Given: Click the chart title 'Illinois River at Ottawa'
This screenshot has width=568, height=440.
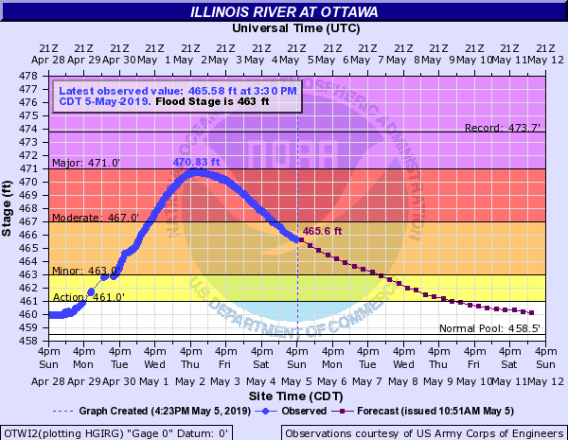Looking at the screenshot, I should pyautogui.click(x=283, y=12).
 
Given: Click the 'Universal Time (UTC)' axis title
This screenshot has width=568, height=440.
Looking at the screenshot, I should pyautogui.click(x=283, y=28).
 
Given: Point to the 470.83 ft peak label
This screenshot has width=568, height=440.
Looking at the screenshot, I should pyautogui.click(x=196, y=162).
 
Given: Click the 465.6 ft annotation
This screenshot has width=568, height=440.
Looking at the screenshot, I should pyautogui.click(x=322, y=231).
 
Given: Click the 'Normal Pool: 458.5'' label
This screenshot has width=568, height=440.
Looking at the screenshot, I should pyautogui.click(x=489, y=329).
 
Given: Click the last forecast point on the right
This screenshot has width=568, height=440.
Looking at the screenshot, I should pyautogui.click(x=532, y=312).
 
